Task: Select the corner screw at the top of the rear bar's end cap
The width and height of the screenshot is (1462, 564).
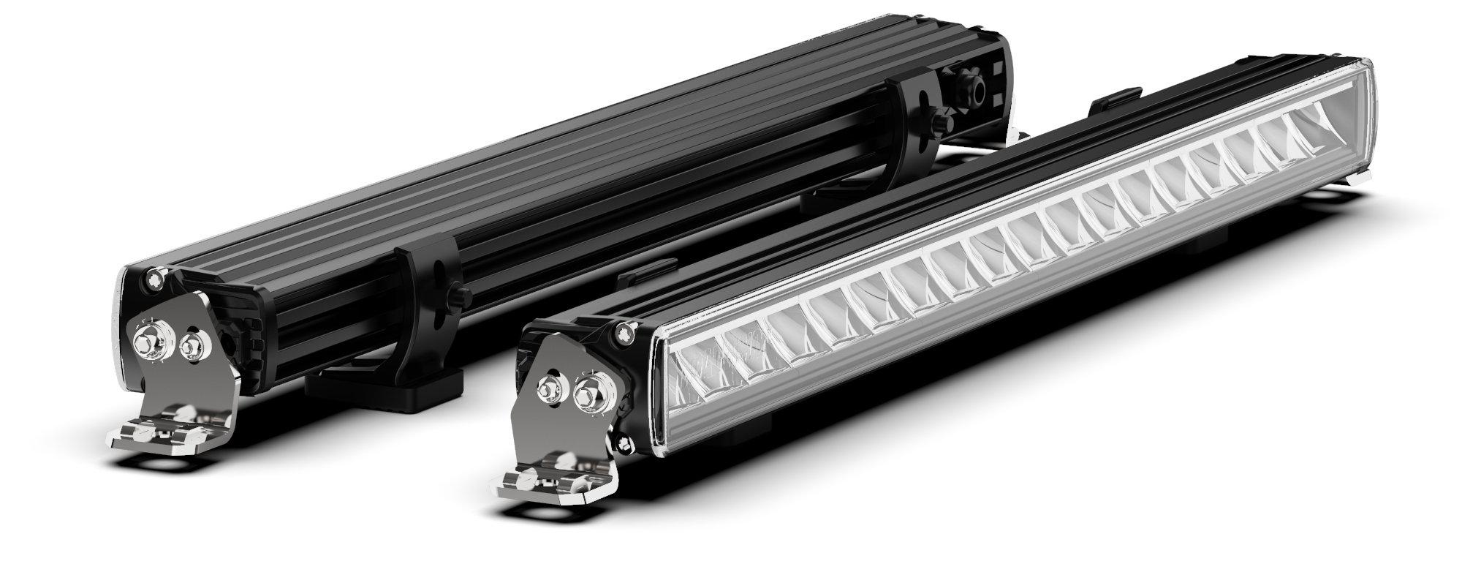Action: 154,277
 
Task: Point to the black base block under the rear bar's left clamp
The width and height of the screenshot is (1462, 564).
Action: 384,388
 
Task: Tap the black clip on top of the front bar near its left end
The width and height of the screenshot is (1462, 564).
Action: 643,271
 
